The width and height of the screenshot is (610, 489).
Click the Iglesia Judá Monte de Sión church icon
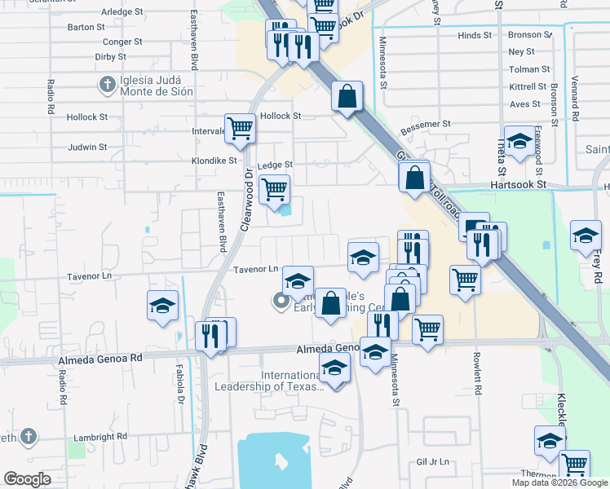pos(107,84)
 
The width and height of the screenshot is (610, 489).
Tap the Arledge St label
pos(122,12)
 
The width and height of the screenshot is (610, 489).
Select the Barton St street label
pos(86,27)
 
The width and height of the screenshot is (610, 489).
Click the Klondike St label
pos(214,161)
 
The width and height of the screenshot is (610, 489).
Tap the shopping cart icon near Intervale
pos(240,128)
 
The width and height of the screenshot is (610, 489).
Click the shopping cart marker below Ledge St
pos(274,189)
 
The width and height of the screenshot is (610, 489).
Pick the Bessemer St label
pos(426,124)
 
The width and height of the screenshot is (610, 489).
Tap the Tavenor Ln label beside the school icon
pos(256,269)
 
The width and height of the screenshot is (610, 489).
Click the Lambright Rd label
pos(100,437)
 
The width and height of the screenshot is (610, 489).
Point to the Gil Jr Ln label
pos(433,461)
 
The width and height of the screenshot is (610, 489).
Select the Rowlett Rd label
pos(479,374)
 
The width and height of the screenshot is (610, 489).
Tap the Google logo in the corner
pos(27,479)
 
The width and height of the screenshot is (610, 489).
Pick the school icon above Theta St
pos(519,141)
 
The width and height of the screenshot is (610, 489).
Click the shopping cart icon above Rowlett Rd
pos(465,279)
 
